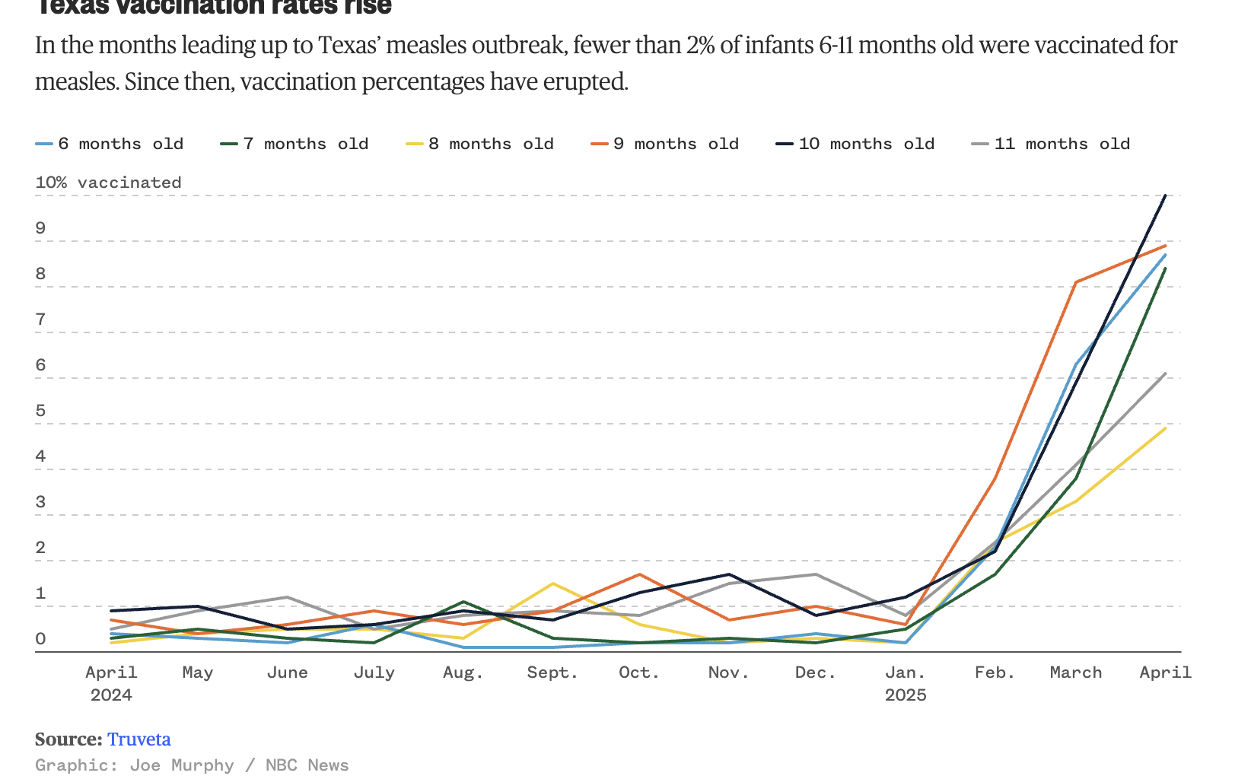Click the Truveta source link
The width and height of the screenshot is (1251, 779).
138,739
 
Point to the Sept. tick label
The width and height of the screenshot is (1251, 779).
552,672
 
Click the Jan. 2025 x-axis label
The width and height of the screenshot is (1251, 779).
906,682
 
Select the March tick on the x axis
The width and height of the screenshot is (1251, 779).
1076,672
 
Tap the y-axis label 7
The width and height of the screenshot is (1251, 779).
40,320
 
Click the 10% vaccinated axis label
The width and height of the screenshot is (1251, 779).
108,183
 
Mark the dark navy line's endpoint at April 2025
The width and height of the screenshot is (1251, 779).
1165,196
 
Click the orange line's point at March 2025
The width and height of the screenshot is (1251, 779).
1076,282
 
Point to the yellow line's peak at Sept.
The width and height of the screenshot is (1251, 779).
552,583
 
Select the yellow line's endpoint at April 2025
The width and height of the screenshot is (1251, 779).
1165,428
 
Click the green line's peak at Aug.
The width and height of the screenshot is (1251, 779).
463,602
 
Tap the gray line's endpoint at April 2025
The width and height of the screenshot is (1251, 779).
1165,374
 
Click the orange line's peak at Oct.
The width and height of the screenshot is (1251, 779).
640,574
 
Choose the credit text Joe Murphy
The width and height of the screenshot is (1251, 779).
182,765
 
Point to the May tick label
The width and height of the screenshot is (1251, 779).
197,672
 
